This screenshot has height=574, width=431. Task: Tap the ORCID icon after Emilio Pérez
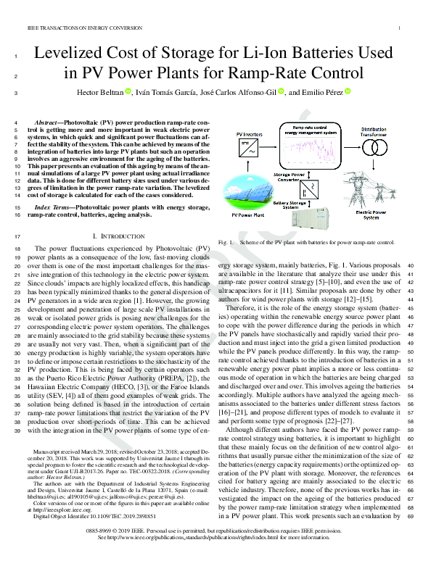click(347, 92)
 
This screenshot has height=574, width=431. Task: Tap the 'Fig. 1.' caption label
click(226, 241)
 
